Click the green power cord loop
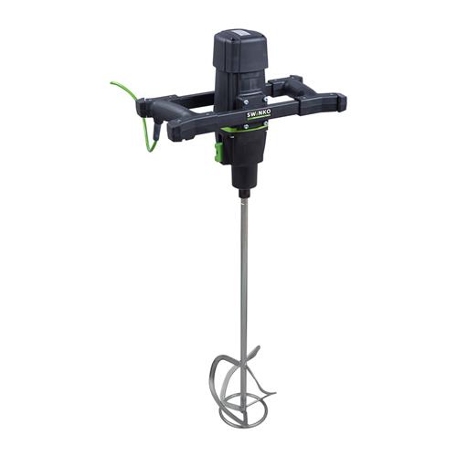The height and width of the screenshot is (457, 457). click(128, 92)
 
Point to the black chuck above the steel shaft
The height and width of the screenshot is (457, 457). click(244, 193)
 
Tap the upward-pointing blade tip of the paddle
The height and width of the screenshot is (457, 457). click(260, 351)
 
